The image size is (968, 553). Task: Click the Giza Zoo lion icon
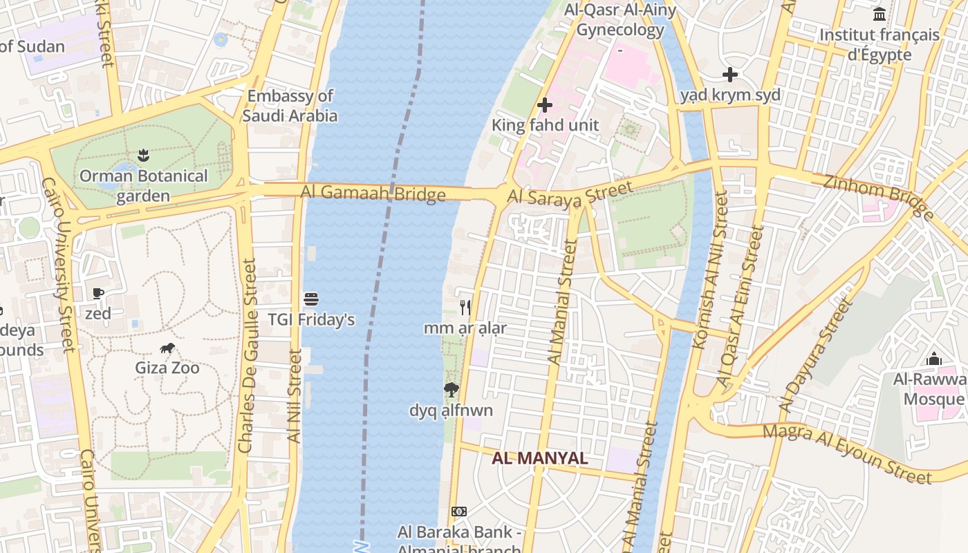point(167,348)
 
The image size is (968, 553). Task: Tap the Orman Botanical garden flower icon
point(143,155)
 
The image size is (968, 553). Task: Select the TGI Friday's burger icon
point(311,299)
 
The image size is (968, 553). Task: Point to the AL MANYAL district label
point(540,458)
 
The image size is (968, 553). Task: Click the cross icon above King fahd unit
point(545,105)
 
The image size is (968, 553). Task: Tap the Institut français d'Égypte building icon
point(879,14)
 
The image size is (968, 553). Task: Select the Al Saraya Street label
point(570,193)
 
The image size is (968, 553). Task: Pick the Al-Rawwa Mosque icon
point(934,359)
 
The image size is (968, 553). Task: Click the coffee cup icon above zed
point(98,294)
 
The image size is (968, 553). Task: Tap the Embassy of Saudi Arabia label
point(290,106)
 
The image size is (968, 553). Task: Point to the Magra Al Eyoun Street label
point(847,454)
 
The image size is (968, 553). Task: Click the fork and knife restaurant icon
point(465,308)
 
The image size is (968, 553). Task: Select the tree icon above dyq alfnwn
point(451,390)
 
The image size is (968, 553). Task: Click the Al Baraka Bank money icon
point(459,512)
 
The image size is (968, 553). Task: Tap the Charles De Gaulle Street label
point(247,356)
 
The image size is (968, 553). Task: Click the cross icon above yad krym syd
point(730,75)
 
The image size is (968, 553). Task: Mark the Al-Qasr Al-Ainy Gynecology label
point(620,19)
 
